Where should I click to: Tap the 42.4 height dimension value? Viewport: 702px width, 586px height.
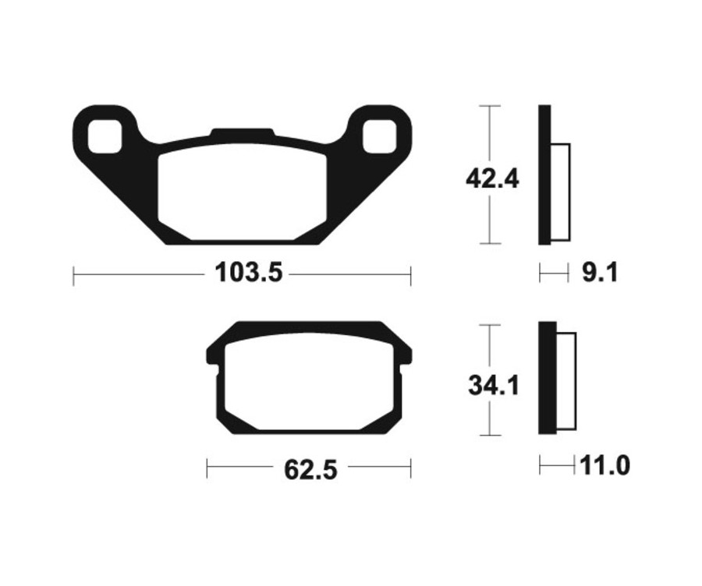pos(491,178)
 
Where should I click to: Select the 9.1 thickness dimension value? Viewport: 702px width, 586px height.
pos(600,273)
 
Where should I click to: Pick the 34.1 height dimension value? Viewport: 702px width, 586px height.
pos(493,385)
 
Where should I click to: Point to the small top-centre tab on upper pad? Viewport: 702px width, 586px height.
pos(242,133)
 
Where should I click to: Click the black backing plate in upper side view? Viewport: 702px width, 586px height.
pos(544,175)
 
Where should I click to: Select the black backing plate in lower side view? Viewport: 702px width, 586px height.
pos(546,378)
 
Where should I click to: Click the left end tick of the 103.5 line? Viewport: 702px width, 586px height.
pos(73,274)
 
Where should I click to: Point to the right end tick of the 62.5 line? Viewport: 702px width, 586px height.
pos(410,468)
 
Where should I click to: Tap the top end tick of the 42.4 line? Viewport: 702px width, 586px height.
pos(488,105)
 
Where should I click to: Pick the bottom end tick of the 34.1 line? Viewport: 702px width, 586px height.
pos(489,435)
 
